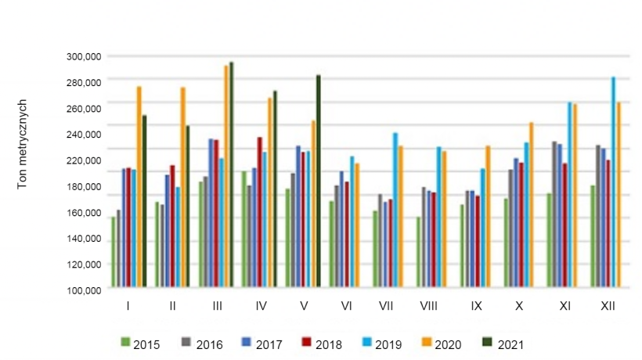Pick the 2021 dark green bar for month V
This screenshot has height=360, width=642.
point(319,181)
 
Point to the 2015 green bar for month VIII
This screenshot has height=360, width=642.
point(419,251)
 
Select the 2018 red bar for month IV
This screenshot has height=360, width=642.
point(260,211)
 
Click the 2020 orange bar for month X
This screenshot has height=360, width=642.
point(531,204)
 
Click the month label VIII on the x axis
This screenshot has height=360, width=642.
point(428,305)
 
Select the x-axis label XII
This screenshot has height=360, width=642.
point(607,305)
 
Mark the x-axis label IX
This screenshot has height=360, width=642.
point(475,305)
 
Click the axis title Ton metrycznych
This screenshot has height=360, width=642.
point(24,144)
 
